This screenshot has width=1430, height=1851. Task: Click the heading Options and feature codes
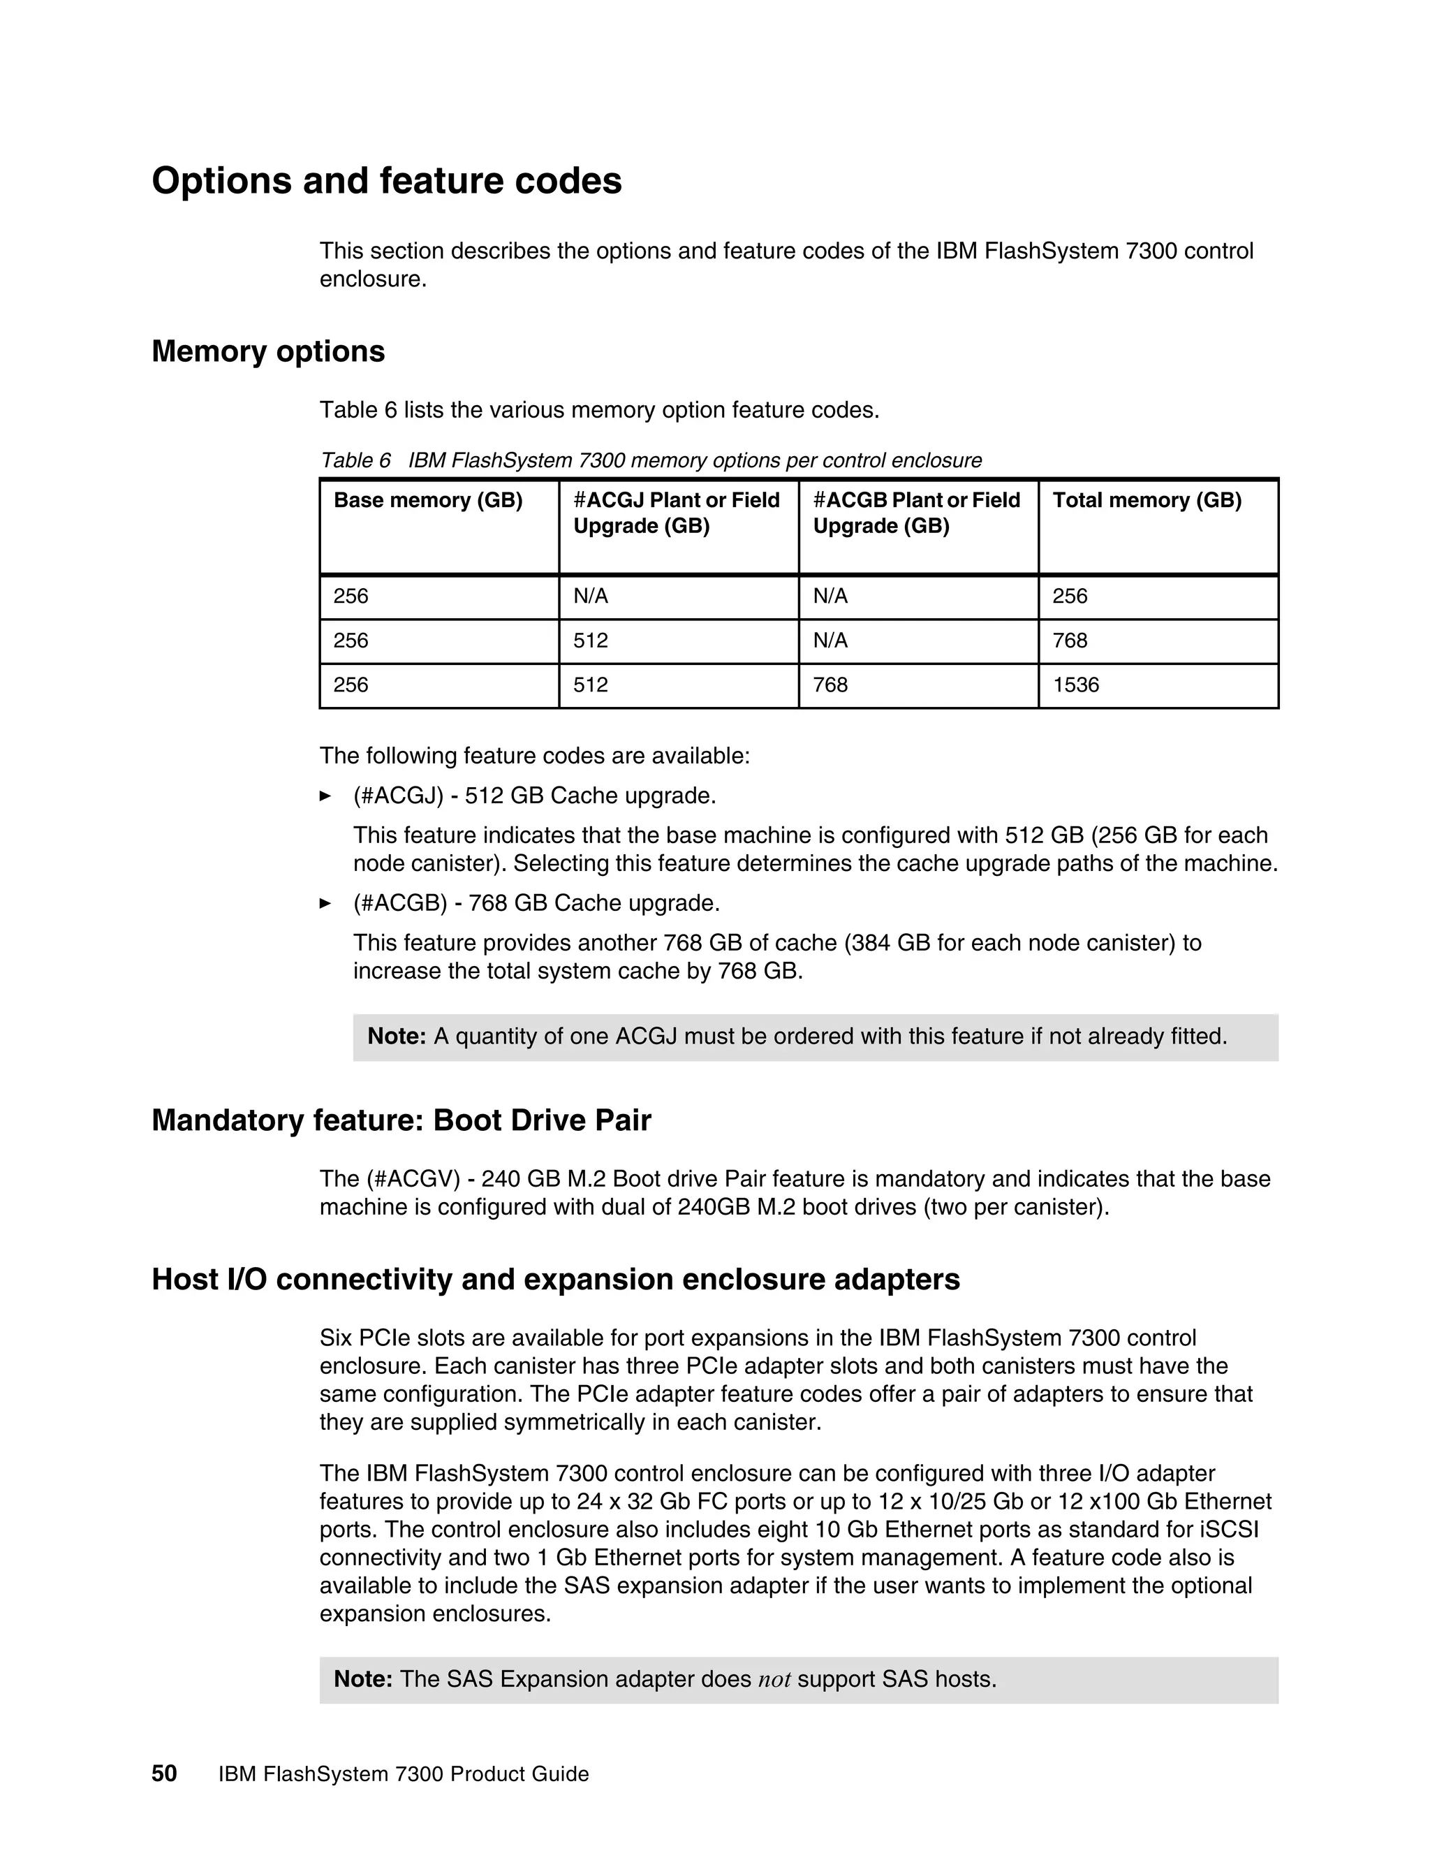click(386, 182)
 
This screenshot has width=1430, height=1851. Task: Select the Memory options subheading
click(267, 352)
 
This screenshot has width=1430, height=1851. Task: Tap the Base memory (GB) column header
click(428, 501)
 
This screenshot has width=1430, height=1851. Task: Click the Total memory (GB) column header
click(1147, 501)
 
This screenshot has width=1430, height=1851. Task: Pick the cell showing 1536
click(1076, 685)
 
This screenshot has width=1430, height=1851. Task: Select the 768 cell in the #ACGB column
click(830, 685)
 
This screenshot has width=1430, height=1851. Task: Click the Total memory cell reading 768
click(1070, 641)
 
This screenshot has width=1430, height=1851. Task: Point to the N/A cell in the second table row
click(830, 641)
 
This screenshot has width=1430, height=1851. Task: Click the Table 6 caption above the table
click(650, 460)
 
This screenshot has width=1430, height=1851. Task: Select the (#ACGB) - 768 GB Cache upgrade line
click(536, 903)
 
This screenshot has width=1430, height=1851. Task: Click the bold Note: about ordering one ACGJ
click(397, 1037)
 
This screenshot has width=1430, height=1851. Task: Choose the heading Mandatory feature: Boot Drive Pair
click(401, 1120)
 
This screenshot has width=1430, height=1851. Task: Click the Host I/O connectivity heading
click(556, 1279)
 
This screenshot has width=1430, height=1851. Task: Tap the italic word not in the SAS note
click(774, 1679)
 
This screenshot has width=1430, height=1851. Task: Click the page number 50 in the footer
click(164, 1774)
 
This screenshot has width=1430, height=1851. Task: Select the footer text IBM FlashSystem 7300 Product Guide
click(404, 1774)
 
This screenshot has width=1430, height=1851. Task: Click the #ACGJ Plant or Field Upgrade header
click(676, 513)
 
